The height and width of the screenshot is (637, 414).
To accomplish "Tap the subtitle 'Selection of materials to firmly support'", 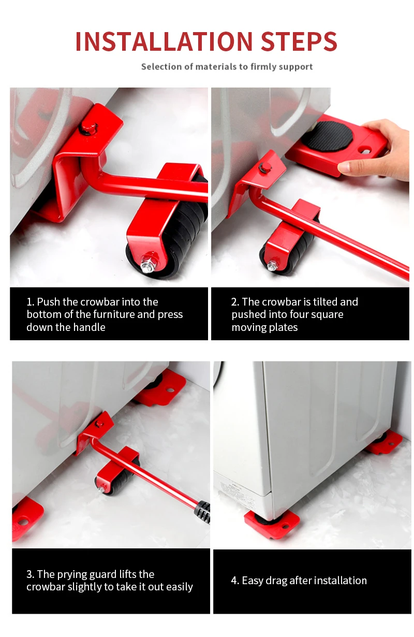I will point(227,66).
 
